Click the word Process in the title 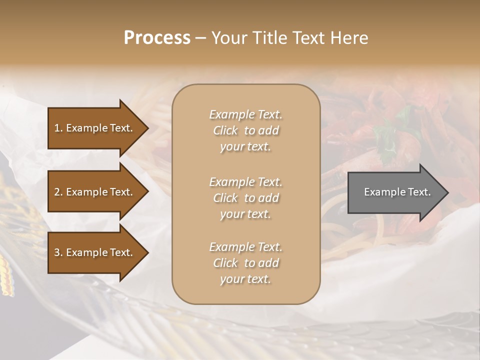[x=157, y=38]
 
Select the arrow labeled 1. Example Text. [x=95, y=128]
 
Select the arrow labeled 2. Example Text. [x=95, y=192]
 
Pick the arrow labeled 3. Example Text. [x=95, y=252]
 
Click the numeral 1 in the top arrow [x=56, y=128]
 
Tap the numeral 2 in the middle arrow [x=56, y=192]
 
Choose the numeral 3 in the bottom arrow [x=56, y=252]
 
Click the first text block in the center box [x=245, y=130]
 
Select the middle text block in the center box [x=245, y=198]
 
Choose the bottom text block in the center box [x=245, y=263]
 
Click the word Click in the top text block [x=225, y=131]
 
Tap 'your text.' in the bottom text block [x=245, y=279]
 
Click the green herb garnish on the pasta [x=386, y=138]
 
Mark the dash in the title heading [x=200, y=38]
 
